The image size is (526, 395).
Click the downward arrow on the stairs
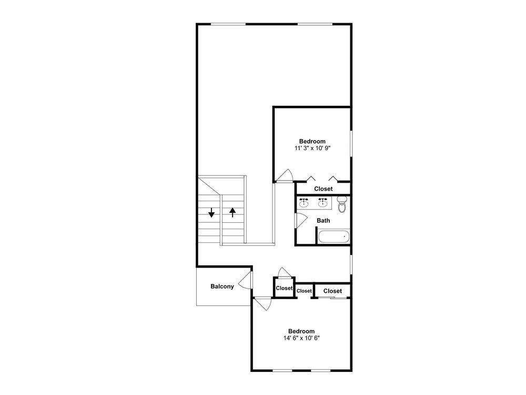pyautogui.click(x=211, y=213)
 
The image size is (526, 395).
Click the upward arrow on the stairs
pyautogui.click(x=232, y=212)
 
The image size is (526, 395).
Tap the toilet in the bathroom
pyautogui.click(x=341, y=204)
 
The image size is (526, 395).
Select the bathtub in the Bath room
pyautogui.click(x=333, y=237)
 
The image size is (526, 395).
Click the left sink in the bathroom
pyautogui.click(x=304, y=203)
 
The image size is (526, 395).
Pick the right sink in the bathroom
pyautogui.click(x=323, y=203)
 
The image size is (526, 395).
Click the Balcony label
pyautogui.click(x=222, y=287)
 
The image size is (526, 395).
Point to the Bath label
pyautogui.click(x=323, y=221)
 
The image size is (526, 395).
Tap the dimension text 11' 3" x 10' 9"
pyautogui.click(x=312, y=148)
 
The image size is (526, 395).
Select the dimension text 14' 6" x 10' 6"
pyautogui.click(x=301, y=338)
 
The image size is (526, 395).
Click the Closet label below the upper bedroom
pyautogui.click(x=323, y=189)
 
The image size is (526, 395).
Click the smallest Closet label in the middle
pyautogui.click(x=304, y=291)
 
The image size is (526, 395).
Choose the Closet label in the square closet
pyautogui.click(x=284, y=288)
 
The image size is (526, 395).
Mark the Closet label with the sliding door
pyautogui.click(x=333, y=291)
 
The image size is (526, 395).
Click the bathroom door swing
pyautogui.click(x=301, y=220)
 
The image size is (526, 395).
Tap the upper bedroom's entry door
pyautogui.click(x=285, y=175)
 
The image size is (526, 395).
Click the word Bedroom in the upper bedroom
pyautogui.click(x=312, y=141)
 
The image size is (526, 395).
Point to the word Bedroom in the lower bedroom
pyautogui.click(x=301, y=331)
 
